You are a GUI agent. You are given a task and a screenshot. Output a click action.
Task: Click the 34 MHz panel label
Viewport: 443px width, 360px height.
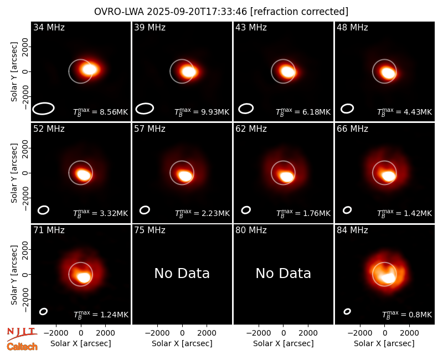tap(49, 27)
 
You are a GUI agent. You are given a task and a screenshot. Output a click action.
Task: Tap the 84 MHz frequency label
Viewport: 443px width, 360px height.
tap(352, 230)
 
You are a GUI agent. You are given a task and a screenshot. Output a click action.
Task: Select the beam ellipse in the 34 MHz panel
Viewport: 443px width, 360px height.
tap(43, 108)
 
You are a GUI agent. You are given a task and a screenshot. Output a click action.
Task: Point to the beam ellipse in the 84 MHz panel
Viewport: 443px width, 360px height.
tap(347, 311)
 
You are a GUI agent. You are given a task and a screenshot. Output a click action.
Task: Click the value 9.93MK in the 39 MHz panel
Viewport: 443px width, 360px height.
tap(215, 112)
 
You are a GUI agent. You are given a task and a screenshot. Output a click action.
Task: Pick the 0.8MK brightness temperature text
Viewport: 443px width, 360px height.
tap(420, 315)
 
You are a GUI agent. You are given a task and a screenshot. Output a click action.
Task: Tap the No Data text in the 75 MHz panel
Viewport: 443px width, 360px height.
tap(182, 274)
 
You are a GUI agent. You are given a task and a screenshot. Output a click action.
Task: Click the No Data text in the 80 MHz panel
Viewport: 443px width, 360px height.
tap(284, 274)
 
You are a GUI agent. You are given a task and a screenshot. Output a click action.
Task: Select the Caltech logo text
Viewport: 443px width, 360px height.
tap(22, 347)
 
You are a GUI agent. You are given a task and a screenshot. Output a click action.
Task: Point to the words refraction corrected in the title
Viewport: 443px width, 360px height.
tap(299, 12)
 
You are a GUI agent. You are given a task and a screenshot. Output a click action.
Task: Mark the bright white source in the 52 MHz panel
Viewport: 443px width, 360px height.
tap(84, 175)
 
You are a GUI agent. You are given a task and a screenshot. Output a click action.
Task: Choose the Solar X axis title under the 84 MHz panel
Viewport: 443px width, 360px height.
tap(384, 343)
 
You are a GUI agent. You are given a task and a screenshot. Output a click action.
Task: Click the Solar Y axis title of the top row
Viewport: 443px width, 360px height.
tap(14, 72)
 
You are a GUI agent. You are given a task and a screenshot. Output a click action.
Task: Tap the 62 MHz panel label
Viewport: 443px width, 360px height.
tap(251, 129)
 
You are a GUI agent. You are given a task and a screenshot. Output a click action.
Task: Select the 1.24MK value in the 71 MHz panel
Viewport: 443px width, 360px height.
tap(115, 315)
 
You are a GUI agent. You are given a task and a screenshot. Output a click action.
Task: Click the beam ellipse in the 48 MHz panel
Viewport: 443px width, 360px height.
tap(347, 109)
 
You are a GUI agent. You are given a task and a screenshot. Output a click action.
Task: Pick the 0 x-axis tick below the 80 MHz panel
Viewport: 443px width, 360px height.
tap(284, 333)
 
